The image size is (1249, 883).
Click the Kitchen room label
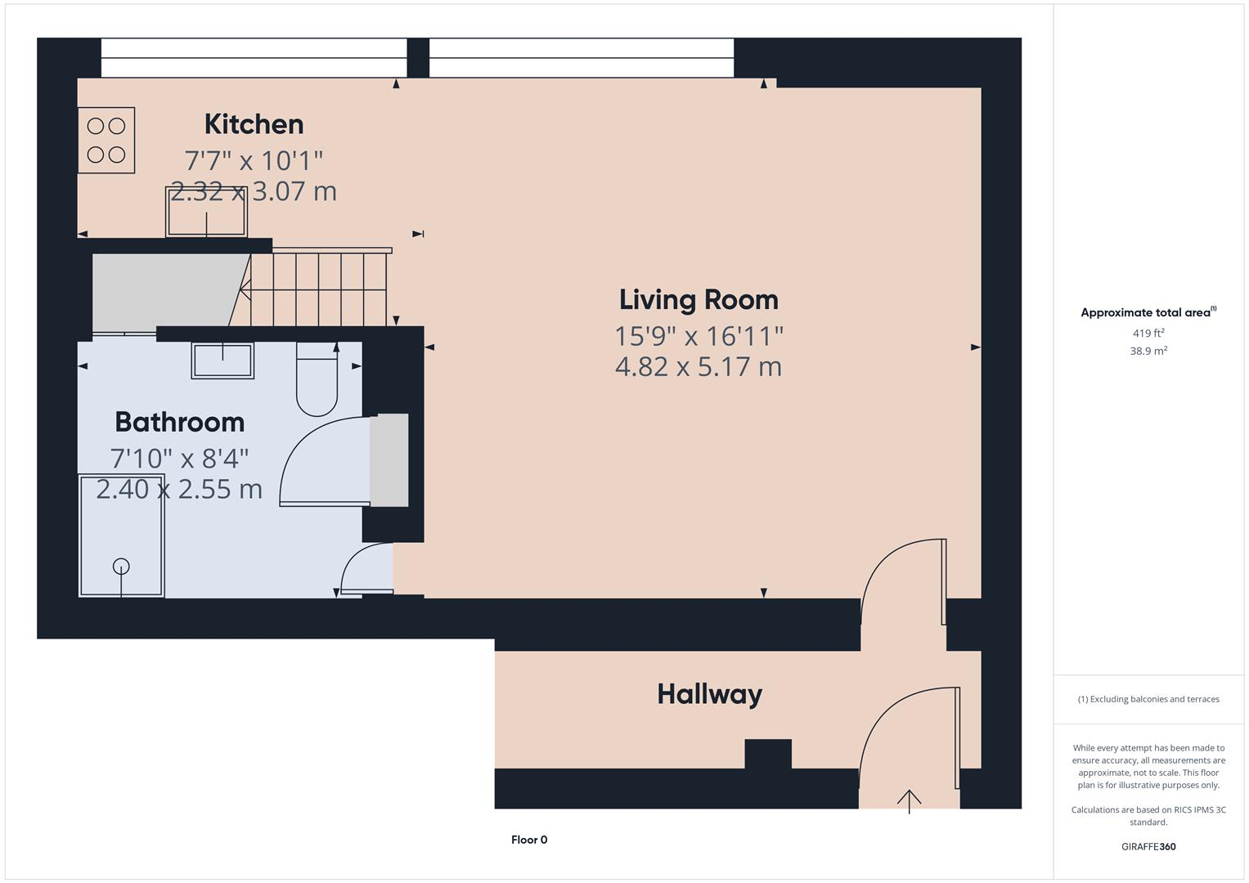(254, 124)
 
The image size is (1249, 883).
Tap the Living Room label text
(699, 300)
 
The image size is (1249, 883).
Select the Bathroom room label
(179, 422)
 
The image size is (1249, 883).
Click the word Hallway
(709, 694)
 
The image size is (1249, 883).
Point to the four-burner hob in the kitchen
(106, 141)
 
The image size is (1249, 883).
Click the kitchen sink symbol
(206, 212)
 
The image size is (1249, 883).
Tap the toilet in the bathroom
(317, 383)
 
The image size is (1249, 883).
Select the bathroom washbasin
(222, 360)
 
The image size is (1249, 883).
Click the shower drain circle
(121, 566)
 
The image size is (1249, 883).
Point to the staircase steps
(319, 288)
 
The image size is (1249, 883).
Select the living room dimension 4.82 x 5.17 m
(699, 366)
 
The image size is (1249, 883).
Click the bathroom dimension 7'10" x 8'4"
(179, 459)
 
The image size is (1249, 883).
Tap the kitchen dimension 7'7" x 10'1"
(254, 159)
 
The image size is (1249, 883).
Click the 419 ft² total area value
(1148, 334)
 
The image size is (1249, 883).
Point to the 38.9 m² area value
(1148, 351)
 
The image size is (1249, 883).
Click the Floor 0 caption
(529, 840)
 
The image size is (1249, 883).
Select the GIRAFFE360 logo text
(1148, 846)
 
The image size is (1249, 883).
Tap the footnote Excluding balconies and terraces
(1148, 699)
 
